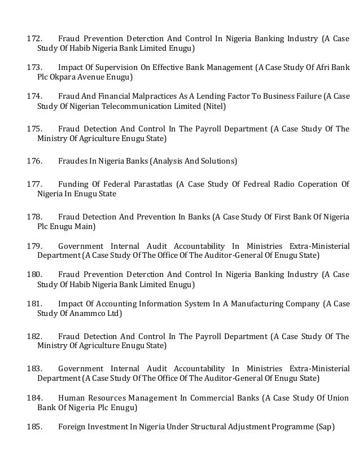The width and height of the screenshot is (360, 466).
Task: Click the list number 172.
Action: (x=35, y=39)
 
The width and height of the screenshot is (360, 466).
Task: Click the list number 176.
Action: (x=35, y=161)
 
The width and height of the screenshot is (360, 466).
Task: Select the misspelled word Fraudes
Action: (x=72, y=161)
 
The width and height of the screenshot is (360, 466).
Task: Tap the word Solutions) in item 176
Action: (x=219, y=161)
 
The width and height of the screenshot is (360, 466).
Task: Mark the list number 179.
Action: (x=35, y=245)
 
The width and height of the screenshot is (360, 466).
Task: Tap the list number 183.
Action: (x=35, y=368)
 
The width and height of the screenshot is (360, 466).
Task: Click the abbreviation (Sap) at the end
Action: (x=323, y=427)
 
